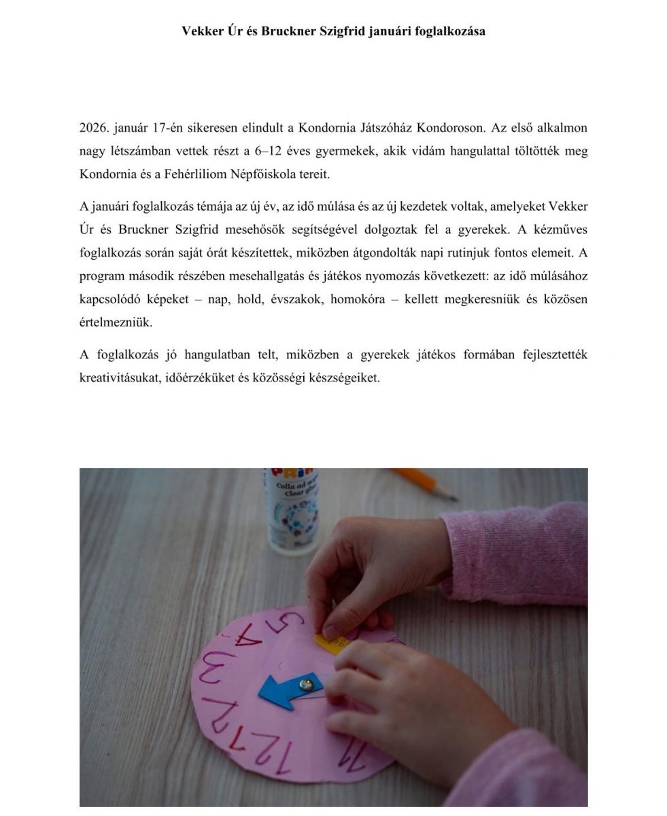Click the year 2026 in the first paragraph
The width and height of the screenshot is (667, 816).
pyautogui.click(x=93, y=128)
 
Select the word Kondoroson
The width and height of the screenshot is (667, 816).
pyautogui.click(x=450, y=128)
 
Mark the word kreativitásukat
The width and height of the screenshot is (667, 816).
pyautogui.click(x=121, y=378)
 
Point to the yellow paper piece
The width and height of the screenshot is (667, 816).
pyautogui.click(x=327, y=643)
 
